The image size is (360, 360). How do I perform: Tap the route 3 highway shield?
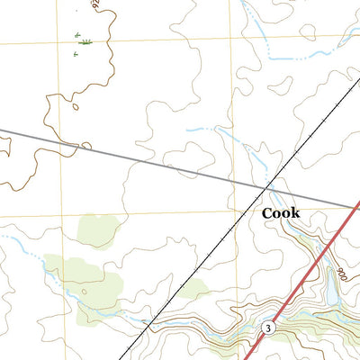(268, 329)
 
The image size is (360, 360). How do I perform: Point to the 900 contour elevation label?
(339, 271)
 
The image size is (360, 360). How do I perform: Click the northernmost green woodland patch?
(97, 230)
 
